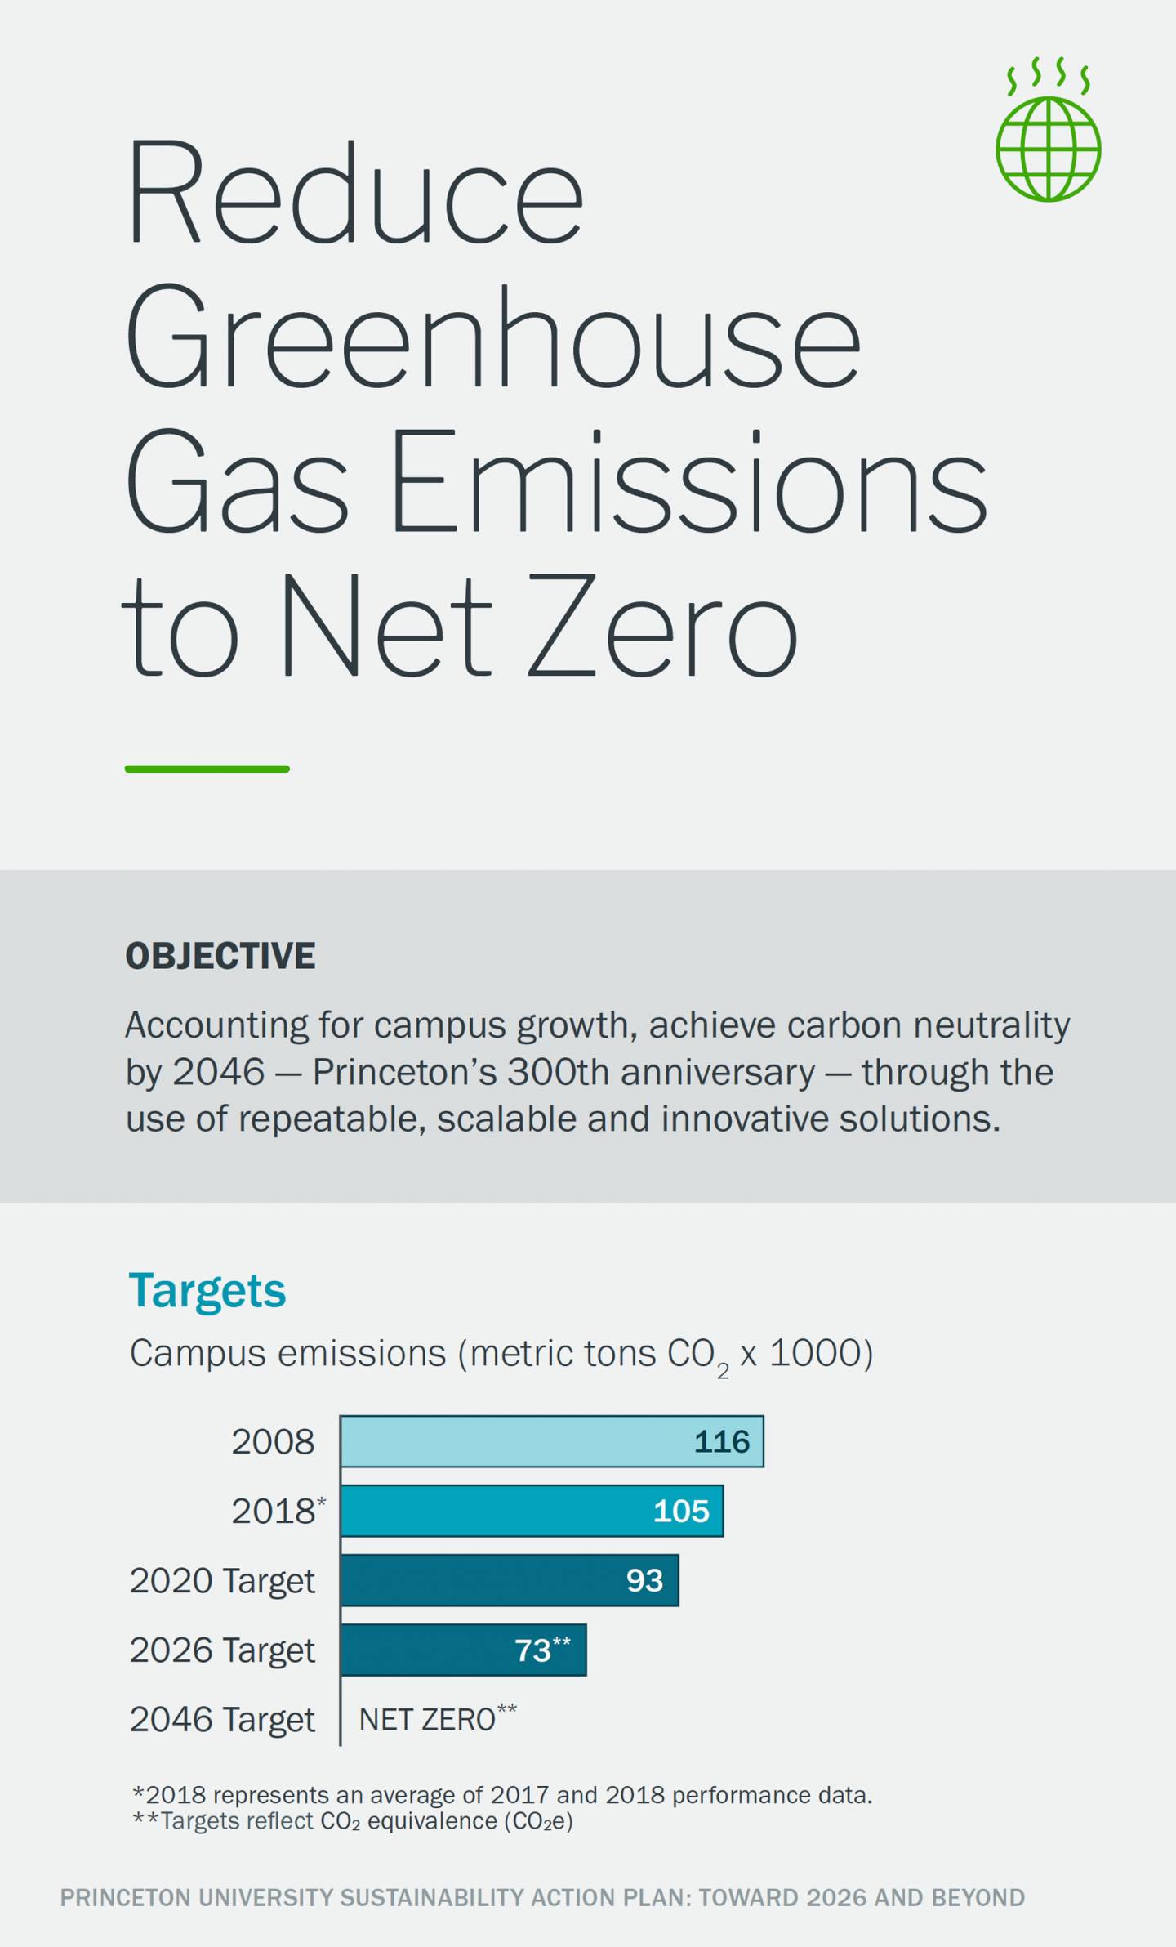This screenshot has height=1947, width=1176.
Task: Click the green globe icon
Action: coord(1048,148)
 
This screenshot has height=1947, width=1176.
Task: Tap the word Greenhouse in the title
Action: coord(492,337)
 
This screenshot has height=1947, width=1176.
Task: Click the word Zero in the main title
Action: coord(661,625)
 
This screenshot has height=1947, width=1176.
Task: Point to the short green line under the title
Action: coord(207,769)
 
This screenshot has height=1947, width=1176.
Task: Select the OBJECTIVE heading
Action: coord(220,956)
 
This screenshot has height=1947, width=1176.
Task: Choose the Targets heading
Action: coord(207,1290)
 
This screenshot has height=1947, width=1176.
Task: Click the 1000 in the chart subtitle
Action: coord(815,1353)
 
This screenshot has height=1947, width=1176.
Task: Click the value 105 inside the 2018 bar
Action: coord(681,1511)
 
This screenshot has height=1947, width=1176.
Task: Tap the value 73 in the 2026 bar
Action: coord(532,1650)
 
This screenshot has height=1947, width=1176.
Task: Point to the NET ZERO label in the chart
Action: coord(427,1719)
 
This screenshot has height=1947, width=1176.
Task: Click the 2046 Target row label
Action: coord(222,1719)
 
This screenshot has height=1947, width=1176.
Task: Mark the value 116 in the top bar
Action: coord(722,1441)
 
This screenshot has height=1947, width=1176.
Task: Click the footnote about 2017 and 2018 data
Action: coord(502,1795)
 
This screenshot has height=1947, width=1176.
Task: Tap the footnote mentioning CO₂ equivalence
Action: coord(353,1821)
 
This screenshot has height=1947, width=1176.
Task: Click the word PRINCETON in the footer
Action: coord(125,1897)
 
